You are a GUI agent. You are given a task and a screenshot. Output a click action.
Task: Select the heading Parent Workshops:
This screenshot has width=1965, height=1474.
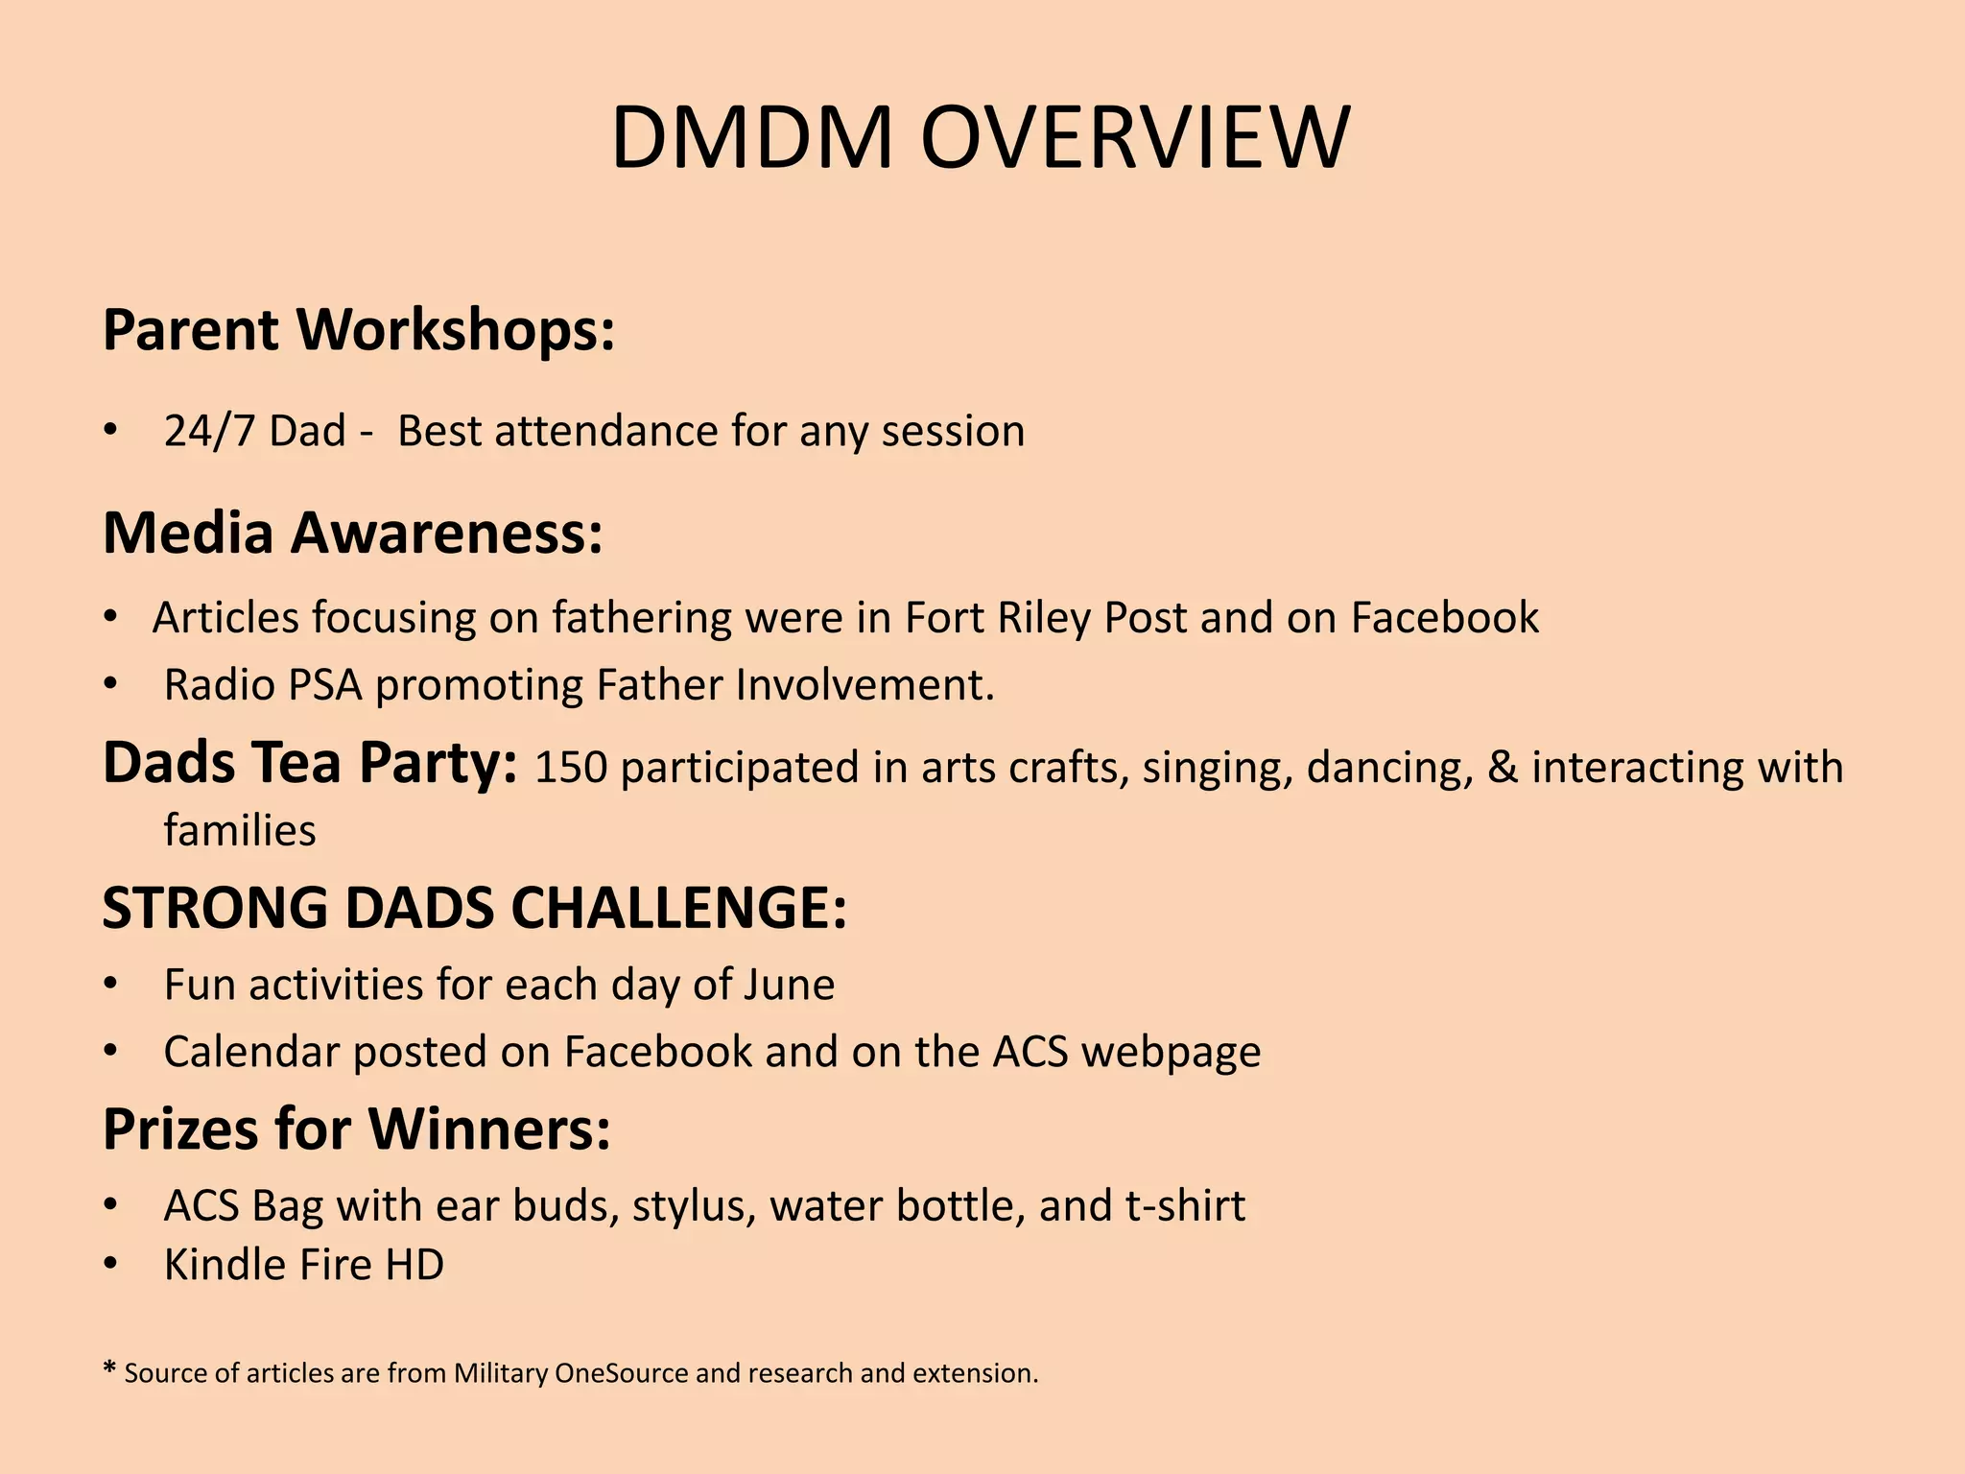point(358,330)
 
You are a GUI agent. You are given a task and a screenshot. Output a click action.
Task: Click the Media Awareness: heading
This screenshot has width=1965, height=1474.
point(352,533)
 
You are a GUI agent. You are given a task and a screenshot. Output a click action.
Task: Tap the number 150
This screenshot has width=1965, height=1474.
point(571,768)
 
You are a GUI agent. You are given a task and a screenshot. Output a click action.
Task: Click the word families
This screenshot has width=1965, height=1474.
point(239,830)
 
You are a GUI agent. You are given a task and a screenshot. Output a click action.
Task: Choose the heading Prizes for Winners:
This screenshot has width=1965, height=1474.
point(356,1129)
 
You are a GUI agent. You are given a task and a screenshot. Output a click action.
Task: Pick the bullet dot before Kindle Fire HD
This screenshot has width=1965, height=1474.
point(111,1265)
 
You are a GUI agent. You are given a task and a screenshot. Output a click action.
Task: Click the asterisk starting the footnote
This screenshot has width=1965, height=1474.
point(109,1368)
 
